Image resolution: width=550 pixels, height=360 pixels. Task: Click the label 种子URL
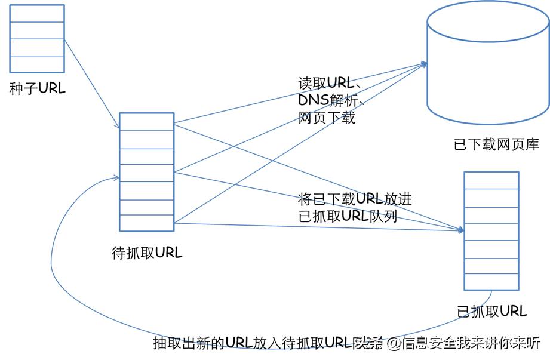pyautogui.click(x=37, y=90)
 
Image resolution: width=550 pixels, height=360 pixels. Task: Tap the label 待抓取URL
pyautogui.click(x=147, y=253)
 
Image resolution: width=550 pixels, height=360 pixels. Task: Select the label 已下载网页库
pyautogui.click(x=496, y=144)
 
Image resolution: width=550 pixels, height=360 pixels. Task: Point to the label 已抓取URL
pyautogui.click(x=491, y=311)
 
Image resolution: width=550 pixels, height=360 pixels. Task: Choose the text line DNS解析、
pyautogui.click(x=331, y=100)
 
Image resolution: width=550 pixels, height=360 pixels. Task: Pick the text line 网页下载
pyautogui.click(x=327, y=118)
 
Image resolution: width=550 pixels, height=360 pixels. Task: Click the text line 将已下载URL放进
pyautogui.click(x=355, y=199)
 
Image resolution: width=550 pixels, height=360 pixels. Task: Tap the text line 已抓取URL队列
pyautogui.click(x=348, y=216)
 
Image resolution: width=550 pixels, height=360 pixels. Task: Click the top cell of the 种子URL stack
pyautogui.click(x=37, y=14)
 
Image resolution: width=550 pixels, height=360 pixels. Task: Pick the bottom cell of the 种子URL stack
pyautogui.click(x=37, y=64)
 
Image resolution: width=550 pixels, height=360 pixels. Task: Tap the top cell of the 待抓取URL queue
pyautogui.click(x=146, y=121)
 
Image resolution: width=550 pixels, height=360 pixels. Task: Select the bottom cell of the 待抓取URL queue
pyautogui.click(x=146, y=223)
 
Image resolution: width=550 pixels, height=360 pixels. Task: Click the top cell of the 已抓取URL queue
pyautogui.click(x=491, y=180)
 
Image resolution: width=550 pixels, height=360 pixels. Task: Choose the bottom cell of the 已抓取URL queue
pyautogui.click(x=491, y=282)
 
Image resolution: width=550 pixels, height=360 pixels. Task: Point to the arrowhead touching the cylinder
pyautogui.click(x=425, y=63)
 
